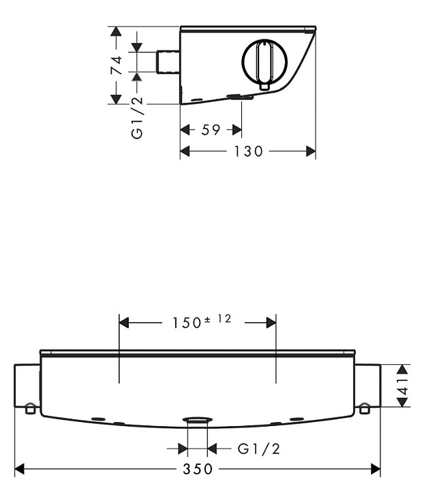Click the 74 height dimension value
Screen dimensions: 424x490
point(116,65)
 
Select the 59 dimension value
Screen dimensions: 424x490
point(211,130)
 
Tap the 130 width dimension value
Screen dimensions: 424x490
point(248,151)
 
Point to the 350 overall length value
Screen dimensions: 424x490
point(198,469)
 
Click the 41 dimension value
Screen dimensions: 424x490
point(404,387)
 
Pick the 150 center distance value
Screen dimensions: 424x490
point(187,323)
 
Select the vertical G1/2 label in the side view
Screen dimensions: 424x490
point(137,117)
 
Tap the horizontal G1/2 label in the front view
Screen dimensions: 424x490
point(259,449)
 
